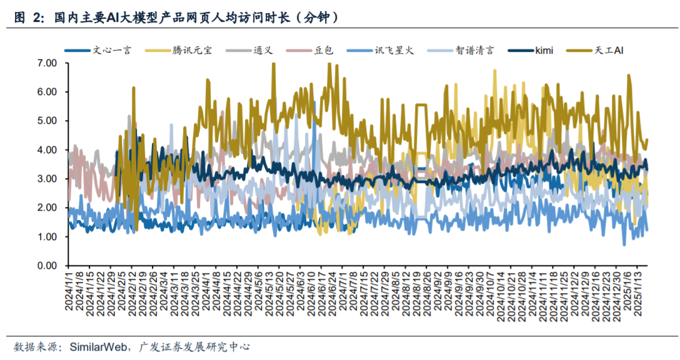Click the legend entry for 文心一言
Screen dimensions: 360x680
click(112, 50)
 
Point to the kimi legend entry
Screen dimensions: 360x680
click(544, 50)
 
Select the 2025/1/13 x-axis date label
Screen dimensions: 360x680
click(639, 293)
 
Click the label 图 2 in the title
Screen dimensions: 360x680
click(29, 18)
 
